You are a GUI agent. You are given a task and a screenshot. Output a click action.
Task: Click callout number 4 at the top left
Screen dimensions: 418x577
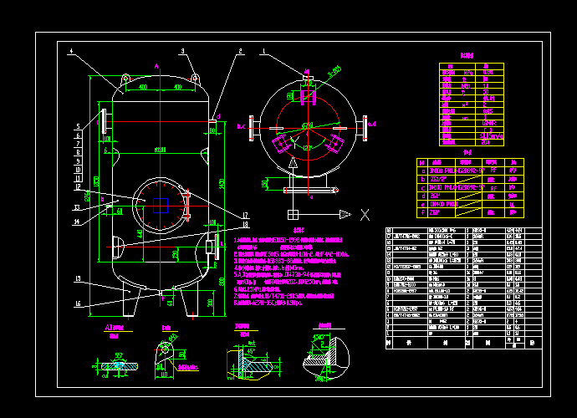click(72, 51)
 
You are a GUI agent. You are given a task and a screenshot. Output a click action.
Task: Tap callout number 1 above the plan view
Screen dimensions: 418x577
click(264, 51)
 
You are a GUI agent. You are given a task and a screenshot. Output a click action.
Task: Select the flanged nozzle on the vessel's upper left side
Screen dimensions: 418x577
click(102, 122)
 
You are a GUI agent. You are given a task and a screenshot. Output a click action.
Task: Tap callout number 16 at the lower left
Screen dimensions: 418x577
click(78, 303)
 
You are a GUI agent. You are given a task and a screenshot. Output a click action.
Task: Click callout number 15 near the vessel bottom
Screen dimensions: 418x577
click(78, 278)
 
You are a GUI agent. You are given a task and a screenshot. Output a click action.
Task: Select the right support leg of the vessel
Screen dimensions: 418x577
click(191, 300)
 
